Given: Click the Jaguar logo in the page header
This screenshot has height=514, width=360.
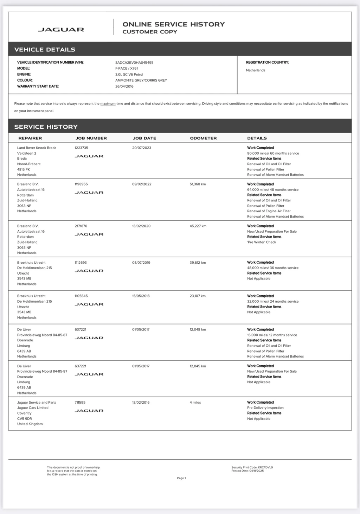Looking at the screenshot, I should click(61, 30).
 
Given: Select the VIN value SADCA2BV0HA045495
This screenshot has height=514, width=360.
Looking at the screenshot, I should click(134, 63).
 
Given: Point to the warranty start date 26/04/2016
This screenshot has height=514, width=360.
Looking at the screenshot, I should click(124, 86).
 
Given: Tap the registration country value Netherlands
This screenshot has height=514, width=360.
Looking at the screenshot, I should click(256, 70).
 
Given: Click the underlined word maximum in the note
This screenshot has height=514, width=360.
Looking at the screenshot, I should click(108, 104).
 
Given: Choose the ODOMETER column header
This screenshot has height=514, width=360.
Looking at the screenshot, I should click(203, 138).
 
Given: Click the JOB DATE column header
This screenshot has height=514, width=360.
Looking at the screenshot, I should click(144, 138).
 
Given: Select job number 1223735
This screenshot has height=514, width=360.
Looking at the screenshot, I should click(82, 148).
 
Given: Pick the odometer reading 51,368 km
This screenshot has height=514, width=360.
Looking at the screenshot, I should click(198, 184).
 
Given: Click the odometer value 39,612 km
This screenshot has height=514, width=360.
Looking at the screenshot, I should click(198, 263).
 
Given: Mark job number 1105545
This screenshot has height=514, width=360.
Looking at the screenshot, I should click(81, 296).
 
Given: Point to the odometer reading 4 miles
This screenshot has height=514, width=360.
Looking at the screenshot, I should click(195, 403).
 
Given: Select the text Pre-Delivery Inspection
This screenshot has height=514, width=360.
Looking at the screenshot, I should click(265, 408).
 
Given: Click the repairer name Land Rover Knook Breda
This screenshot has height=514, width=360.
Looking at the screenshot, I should click(37, 148).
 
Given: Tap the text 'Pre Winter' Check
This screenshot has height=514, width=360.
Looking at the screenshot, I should click(262, 242).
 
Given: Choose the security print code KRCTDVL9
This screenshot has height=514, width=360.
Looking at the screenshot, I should click(265, 468).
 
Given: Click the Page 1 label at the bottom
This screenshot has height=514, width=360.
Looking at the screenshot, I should click(181, 478).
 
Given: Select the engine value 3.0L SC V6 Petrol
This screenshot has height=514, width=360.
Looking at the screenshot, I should click(129, 75).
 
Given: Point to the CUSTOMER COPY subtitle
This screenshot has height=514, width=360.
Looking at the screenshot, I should click(150, 32).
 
